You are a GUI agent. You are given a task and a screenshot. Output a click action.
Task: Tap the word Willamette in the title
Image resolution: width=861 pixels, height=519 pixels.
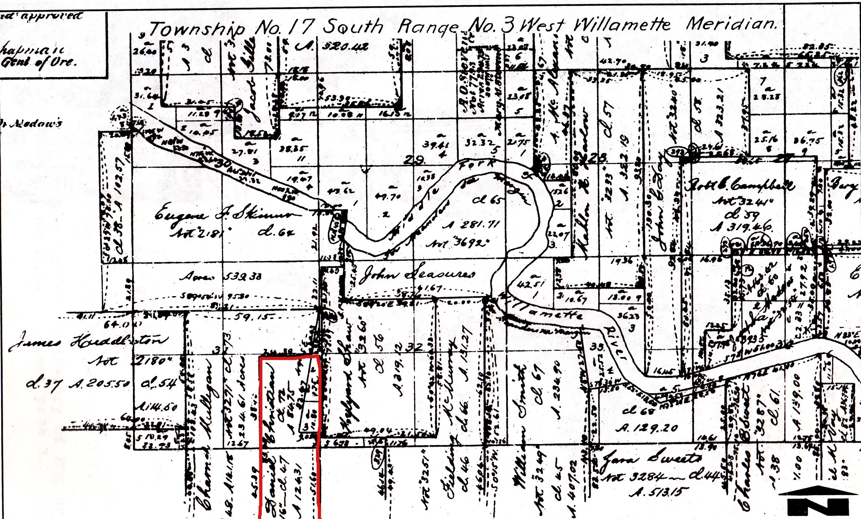click(622, 25)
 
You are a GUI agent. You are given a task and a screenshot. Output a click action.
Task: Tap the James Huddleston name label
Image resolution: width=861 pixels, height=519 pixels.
click(87, 341)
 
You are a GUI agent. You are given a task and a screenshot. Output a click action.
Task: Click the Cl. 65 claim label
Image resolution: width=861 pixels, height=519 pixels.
click(488, 200)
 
